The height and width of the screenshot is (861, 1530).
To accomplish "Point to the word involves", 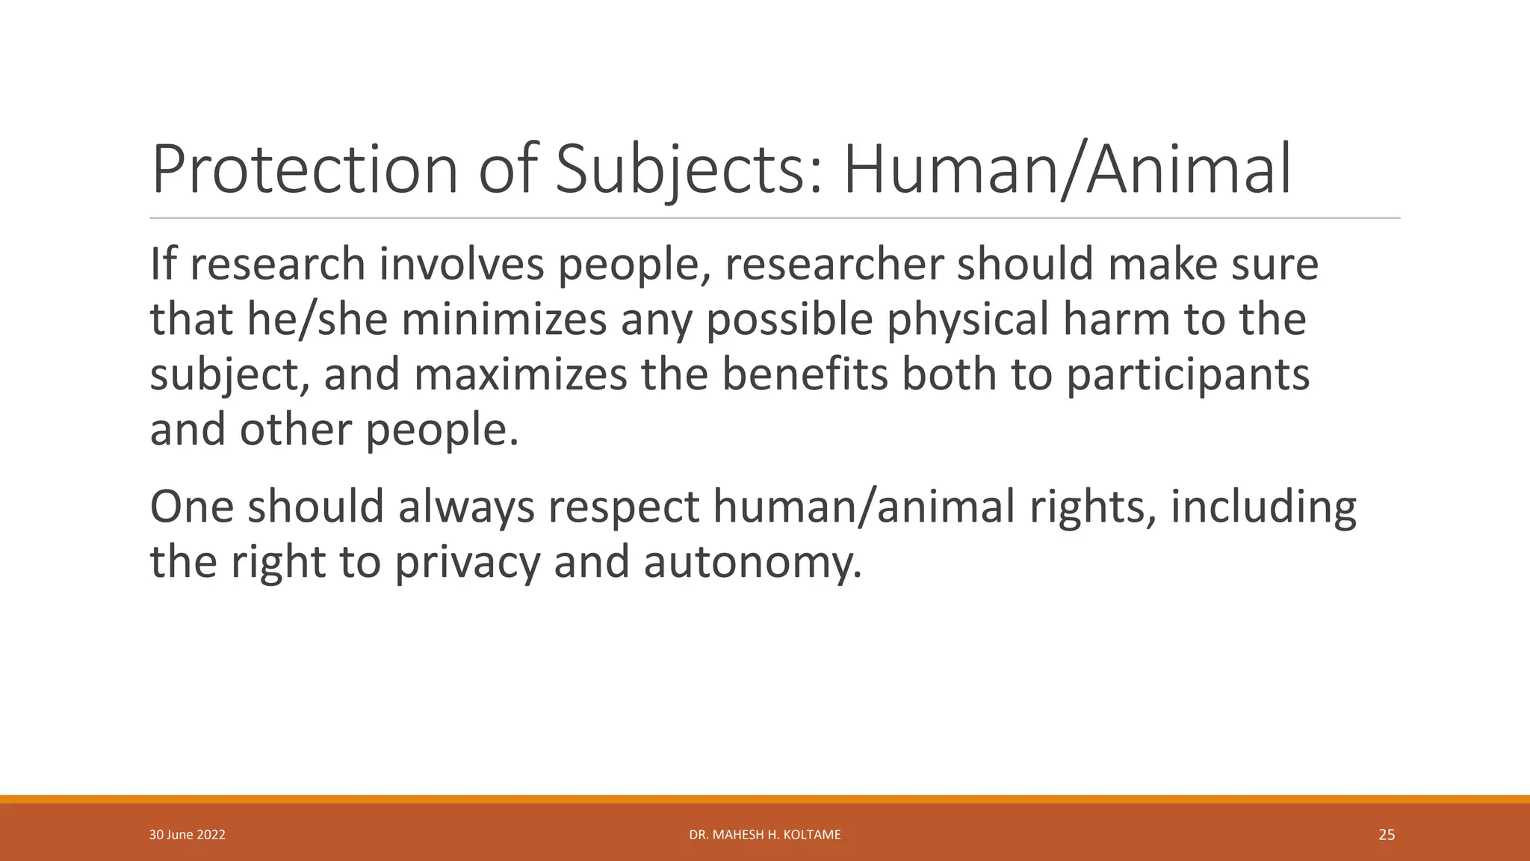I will (461, 265).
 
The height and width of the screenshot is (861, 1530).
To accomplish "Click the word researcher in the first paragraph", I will (834, 265).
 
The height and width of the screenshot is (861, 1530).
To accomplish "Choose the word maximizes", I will (520, 374).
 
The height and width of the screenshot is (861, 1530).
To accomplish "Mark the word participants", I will (1187, 374).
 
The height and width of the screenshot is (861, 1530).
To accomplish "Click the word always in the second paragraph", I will (466, 507).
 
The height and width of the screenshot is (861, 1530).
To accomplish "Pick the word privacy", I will (467, 562).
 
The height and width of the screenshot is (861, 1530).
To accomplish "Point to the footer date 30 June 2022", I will (188, 835).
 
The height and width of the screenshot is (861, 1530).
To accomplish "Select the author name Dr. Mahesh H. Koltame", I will (765, 835).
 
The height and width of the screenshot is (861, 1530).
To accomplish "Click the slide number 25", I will (1387, 835).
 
